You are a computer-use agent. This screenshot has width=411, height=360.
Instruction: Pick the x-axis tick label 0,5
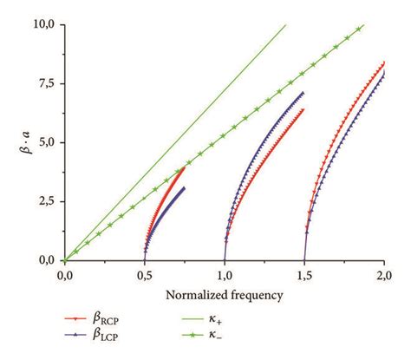pyautogui.click(x=145, y=275)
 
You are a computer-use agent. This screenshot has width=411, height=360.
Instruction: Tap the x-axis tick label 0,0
pyautogui.click(x=65, y=275)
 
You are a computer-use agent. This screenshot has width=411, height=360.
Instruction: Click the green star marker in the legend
pyautogui.click(x=240, y=337)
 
